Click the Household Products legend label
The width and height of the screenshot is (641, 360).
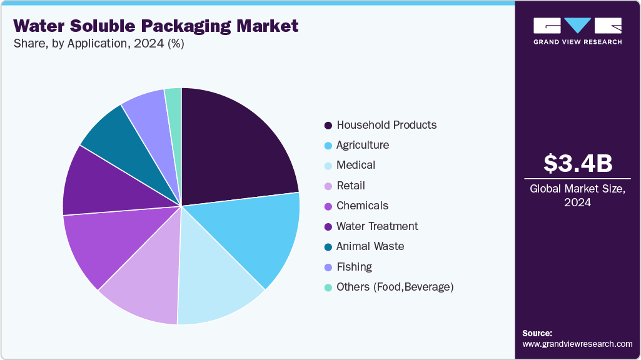coord(386,125)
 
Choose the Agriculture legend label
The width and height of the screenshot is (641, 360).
coord(362,145)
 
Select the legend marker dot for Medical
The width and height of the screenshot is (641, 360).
coord(328,166)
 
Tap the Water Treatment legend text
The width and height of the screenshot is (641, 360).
coord(376,226)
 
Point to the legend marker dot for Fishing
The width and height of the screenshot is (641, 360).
coord(328,267)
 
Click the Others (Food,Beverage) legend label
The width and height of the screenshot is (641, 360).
coord(394,287)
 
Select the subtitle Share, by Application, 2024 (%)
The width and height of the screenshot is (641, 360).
coord(98,44)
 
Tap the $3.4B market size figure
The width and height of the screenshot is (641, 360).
coord(577,163)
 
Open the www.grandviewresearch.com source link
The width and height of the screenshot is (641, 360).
coord(577,344)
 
